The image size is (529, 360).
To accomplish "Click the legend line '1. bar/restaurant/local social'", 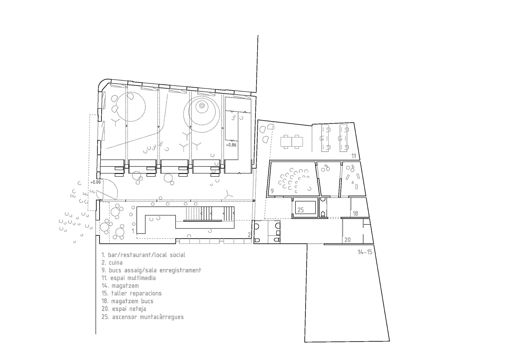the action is click(143, 255).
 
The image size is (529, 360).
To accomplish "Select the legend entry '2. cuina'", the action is click(112, 263).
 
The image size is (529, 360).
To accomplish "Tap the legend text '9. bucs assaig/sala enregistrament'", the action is click(151, 270).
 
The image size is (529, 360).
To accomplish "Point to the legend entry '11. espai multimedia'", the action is click(129, 278).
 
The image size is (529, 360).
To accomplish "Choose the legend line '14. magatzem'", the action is click(120, 286).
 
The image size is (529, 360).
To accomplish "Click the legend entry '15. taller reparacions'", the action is click(131, 293).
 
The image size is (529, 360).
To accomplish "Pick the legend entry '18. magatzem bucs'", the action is click(127, 301).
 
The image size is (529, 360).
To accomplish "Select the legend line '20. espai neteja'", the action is click(124, 309).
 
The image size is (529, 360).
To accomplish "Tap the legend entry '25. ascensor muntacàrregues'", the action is click(143, 317).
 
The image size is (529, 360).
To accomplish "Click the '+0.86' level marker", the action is click(231, 145).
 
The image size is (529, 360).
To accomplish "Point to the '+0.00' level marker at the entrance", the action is click(95, 182).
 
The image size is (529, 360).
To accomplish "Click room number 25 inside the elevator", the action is click(301, 210).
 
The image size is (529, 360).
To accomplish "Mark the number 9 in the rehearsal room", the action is click(272, 191).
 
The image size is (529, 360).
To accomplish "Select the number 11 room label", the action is click(354, 156).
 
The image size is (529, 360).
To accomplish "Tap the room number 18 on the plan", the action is click(355, 213).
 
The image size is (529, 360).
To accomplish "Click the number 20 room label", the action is click(348, 240).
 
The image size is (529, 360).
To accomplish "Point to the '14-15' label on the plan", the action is click(365, 252).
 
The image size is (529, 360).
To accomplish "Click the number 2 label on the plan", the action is click(249, 235).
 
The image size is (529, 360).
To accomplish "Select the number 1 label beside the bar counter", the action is click(133, 231).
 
